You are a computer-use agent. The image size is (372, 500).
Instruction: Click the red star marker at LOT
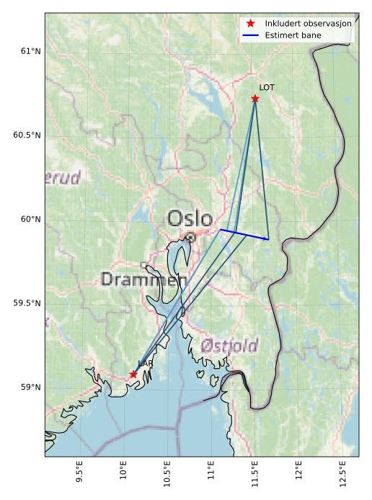(255, 98)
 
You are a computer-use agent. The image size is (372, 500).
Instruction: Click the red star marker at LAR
(133, 374)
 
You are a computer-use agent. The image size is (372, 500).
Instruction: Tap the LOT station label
(267, 87)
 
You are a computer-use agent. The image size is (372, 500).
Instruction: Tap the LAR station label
(146, 364)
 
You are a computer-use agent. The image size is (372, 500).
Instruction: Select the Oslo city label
(190, 218)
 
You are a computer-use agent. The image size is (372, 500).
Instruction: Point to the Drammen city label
(143, 280)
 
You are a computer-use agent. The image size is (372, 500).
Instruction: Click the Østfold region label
(229, 346)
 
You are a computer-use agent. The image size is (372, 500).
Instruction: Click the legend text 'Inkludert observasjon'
(308, 24)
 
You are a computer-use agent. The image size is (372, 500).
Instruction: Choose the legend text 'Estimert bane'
(293, 35)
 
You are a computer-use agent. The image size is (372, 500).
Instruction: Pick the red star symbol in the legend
(250, 24)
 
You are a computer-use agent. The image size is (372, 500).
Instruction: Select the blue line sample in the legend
(250, 35)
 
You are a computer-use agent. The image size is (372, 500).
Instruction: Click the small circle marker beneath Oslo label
(190, 236)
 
